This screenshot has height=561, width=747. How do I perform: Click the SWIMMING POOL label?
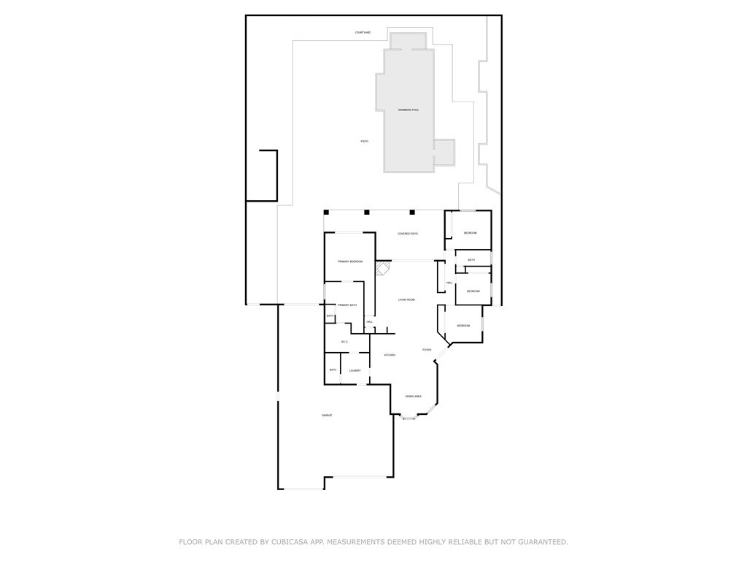(x=409, y=110)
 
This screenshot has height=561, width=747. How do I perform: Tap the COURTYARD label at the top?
(x=363, y=32)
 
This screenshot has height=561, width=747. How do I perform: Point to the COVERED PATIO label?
(x=408, y=234)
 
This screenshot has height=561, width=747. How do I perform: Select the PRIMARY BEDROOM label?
(x=350, y=262)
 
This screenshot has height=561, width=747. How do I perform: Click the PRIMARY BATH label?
(x=347, y=305)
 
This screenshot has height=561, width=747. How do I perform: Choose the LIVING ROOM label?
(x=406, y=300)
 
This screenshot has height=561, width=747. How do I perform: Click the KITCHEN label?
(x=390, y=355)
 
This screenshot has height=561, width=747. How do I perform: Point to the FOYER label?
(x=427, y=350)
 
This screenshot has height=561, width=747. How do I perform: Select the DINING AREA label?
(x=414, y=396)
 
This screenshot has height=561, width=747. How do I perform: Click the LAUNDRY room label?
(x=355, y=370)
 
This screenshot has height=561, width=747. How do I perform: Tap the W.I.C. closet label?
(x=344, y=342)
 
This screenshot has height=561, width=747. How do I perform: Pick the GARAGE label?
(x=327, y=416)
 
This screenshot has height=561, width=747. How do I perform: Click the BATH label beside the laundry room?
(x=333, y=370)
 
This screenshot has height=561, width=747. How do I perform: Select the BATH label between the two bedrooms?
(x=471, y=260)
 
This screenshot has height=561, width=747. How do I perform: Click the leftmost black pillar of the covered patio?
(x=327, y=213)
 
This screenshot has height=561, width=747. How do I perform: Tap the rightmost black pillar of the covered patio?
(x=412, y=213)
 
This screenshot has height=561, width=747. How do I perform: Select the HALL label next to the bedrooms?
(x=450, y=283)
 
